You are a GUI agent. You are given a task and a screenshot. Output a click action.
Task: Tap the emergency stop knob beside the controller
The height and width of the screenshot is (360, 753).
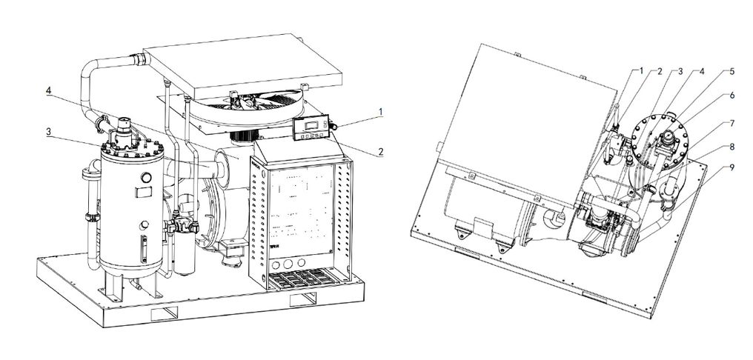[334, 126]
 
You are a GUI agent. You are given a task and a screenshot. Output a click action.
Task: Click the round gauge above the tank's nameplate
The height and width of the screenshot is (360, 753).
[146, 178]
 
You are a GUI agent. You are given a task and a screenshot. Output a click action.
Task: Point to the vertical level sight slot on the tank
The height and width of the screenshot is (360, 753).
[142, 248]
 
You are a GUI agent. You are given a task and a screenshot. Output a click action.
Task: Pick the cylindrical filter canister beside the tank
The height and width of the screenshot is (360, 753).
[185, 253]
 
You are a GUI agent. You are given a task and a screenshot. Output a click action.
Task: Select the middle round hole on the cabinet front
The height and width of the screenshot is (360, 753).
[288, 264]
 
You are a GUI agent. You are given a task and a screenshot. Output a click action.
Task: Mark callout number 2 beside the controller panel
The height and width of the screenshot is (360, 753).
[381, 152]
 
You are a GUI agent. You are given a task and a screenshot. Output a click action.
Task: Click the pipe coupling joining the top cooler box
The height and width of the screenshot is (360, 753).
[140, 59]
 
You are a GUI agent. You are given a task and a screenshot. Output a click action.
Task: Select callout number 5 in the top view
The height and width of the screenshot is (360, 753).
[732, 72]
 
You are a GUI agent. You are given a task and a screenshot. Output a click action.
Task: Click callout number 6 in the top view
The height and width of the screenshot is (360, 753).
[732, 96]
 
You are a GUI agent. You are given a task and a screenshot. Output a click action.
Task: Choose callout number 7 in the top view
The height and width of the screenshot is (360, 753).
[732, 124]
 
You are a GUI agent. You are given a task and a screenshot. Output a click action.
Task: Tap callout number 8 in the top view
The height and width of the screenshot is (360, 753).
[732, 147]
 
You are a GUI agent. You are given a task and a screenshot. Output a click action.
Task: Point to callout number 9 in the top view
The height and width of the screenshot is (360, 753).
[732, 167]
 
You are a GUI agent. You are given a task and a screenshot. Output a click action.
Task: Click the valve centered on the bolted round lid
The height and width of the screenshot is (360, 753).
[667, 140]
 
